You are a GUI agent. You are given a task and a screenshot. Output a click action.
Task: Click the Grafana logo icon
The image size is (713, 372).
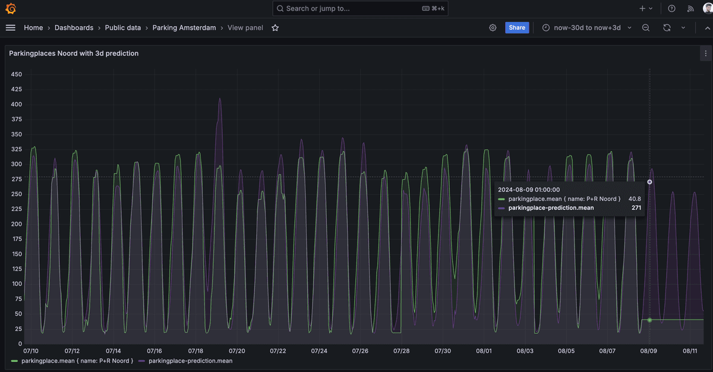click(x=11, y=8)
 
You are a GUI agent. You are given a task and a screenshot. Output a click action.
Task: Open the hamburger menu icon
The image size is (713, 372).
click(x=10, y=28)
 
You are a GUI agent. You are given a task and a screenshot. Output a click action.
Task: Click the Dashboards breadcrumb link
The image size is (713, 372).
click(x=74, y=28)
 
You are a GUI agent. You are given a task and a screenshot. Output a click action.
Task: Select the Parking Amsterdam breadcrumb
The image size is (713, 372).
click(x=184, y=28)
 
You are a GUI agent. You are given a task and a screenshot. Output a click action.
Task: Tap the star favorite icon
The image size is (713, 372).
click(x=275, y=28)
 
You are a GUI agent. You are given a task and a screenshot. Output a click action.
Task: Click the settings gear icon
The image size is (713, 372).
click(x=493, y=28)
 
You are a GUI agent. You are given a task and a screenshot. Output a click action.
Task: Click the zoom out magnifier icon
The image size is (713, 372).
click(x=646, y=28)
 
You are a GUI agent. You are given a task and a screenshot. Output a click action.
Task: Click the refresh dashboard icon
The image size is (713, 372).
click(x=667, y=28)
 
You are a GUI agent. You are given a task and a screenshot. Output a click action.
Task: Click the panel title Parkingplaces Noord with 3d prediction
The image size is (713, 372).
click(x=74, y=53)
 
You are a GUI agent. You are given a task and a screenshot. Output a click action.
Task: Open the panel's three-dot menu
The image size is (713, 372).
click(x=705, y=53)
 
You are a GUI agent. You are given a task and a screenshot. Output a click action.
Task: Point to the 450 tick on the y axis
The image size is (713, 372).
click(x=17, y=74)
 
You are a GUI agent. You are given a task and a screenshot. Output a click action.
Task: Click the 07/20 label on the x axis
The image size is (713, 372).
click(x=237, y=351)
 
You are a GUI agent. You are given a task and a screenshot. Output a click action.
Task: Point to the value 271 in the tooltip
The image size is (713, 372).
click(x=636, y=208)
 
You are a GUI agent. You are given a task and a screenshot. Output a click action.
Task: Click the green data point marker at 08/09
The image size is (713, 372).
click(x=649, y=320)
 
